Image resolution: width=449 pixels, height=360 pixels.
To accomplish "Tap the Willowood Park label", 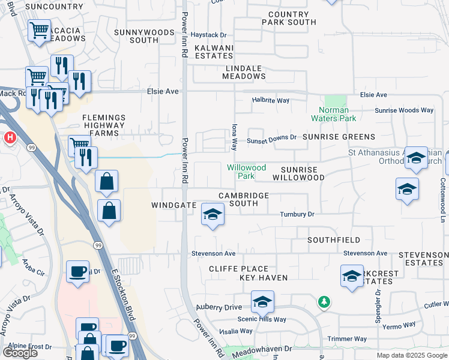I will (x=246, y=172).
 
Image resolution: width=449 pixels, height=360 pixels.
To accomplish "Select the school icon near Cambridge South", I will (x=212, y=215).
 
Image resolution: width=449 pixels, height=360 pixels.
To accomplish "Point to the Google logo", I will (x=20, y=352).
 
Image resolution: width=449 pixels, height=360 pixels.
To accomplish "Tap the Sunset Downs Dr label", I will (x=273, y=137).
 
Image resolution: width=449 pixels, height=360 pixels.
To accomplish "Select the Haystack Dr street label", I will (x=208, y=35).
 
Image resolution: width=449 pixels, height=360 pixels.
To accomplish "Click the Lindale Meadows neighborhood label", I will (x=244, y=72).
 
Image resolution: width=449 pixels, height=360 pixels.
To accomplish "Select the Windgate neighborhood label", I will (x=174, y=205).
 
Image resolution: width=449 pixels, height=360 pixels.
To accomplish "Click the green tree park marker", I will (x=324, y=301).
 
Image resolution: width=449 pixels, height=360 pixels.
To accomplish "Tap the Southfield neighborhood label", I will (x=334, y=240).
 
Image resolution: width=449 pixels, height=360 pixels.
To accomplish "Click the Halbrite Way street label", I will (x=271, y=100).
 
